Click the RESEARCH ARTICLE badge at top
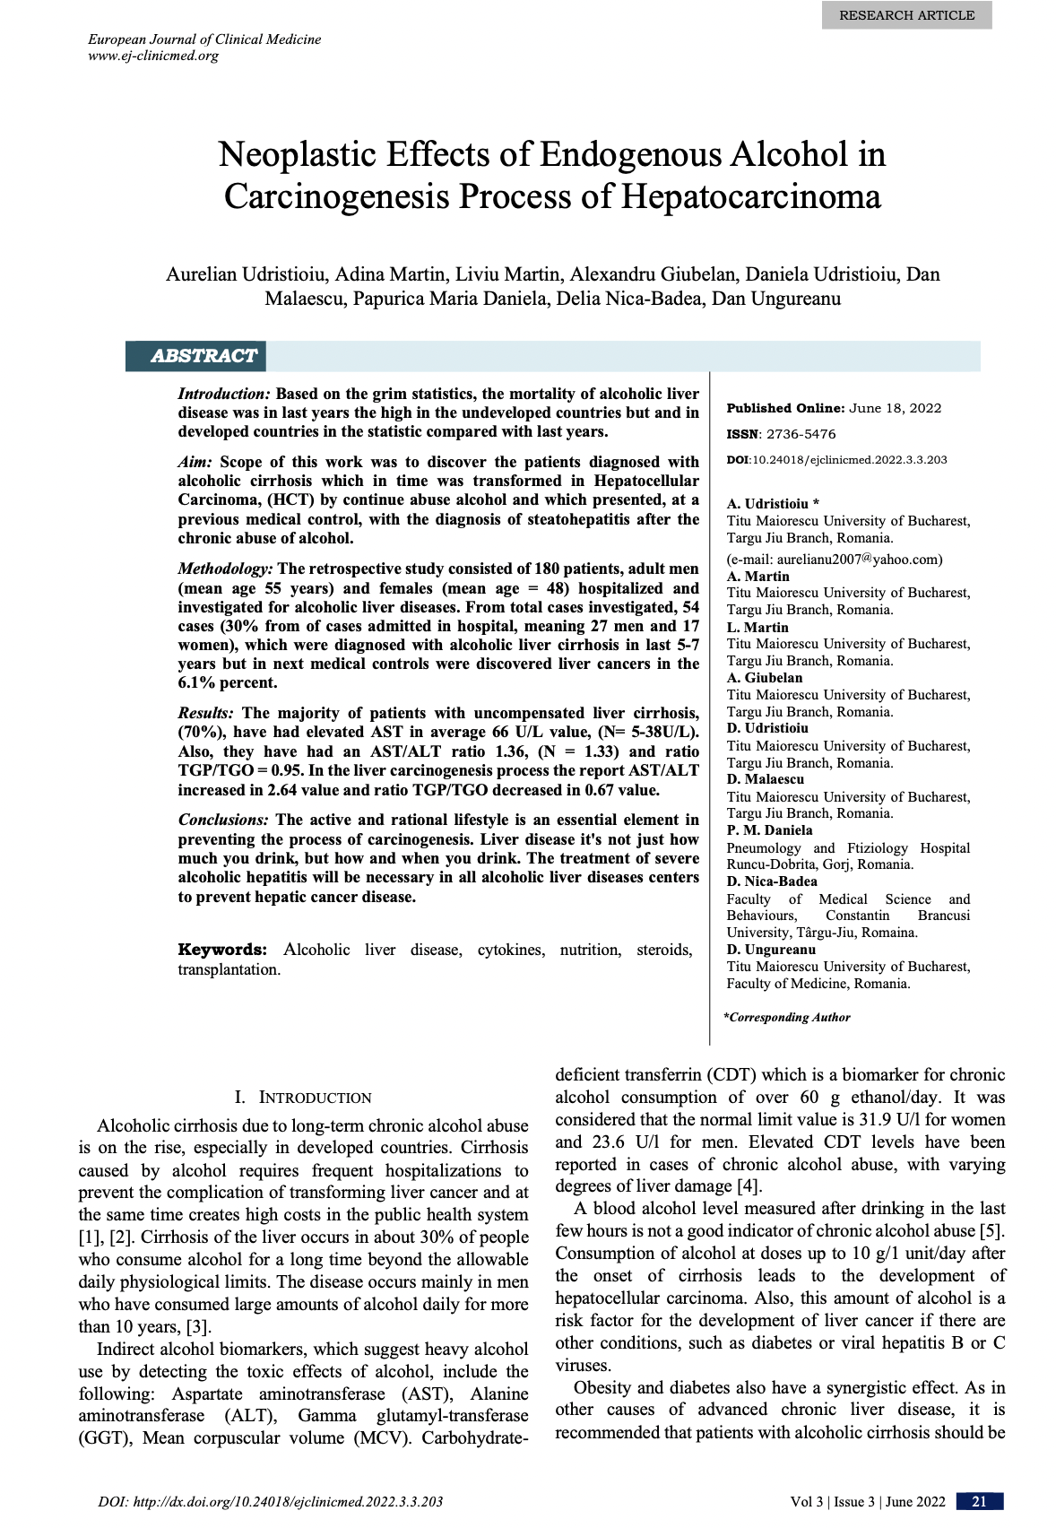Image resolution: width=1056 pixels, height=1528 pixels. pos(906,15)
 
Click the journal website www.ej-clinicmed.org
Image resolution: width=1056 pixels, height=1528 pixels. pos(153,56)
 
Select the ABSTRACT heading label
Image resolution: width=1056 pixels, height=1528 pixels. pos(203,356)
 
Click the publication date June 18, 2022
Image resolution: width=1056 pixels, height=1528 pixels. pos(895,408)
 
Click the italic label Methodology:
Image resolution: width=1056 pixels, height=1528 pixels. pos(225,569)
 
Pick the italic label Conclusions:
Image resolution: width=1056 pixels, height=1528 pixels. pos(223,820)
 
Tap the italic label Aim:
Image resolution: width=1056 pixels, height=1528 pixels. pos(195,462)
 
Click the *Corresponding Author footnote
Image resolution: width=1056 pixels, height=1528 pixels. pos(787,1018)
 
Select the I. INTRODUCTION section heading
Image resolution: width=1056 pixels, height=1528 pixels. pos(303,1098)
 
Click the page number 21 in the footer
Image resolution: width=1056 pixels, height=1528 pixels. pos(979,1502)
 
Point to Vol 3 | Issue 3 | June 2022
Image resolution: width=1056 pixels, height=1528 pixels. pos(867,1502)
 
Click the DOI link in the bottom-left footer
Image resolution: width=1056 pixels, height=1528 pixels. pos(270,1502)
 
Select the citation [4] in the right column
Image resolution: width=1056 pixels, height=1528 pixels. pos(749,1186)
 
